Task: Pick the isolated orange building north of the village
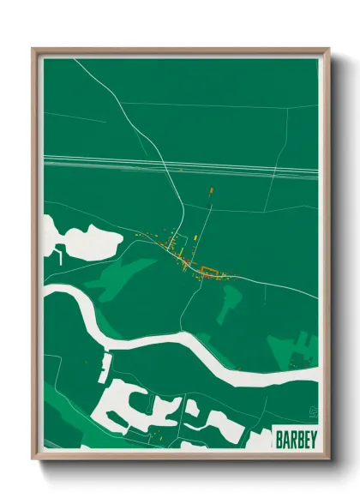tap(211, 191)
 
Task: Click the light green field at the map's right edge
tap(296, 348)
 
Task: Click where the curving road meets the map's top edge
tap(75, 58)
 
